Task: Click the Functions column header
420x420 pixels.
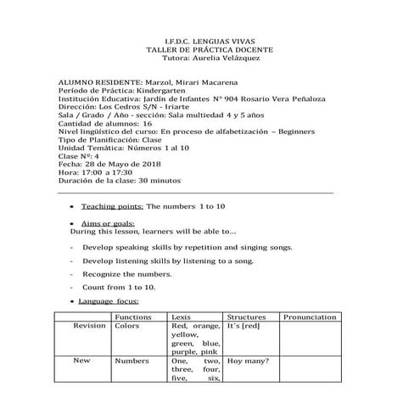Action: point(132,316)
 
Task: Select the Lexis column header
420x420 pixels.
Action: point(181,316)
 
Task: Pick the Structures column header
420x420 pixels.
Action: point(247,316)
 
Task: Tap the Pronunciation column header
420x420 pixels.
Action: point(309,316)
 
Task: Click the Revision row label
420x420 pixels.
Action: point(89,326)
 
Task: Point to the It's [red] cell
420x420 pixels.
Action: point(244,326)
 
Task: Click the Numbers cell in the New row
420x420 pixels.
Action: point(132,361)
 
